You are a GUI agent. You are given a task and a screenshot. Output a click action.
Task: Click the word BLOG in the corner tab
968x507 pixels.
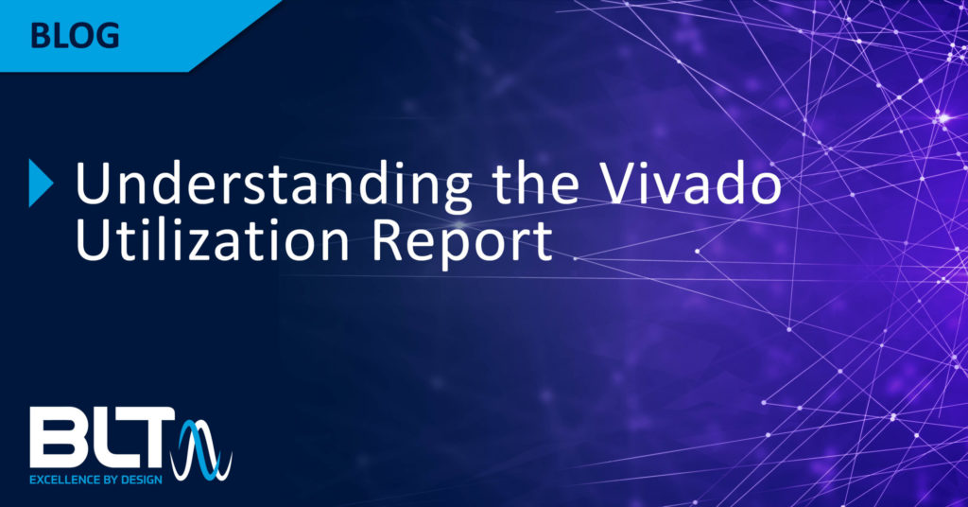(x=74, y=36)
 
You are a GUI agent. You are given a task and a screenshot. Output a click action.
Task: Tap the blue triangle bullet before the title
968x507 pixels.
(x=41, y=183)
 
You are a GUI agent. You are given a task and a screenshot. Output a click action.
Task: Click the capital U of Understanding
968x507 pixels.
(x=92, y=184)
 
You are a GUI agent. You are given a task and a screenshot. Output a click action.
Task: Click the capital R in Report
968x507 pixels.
(x=386, y=240)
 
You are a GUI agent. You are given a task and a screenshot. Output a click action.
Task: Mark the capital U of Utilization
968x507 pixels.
(x=92, y=240)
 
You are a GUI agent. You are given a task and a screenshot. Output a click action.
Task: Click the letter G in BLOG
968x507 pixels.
(x=108, y=36)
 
